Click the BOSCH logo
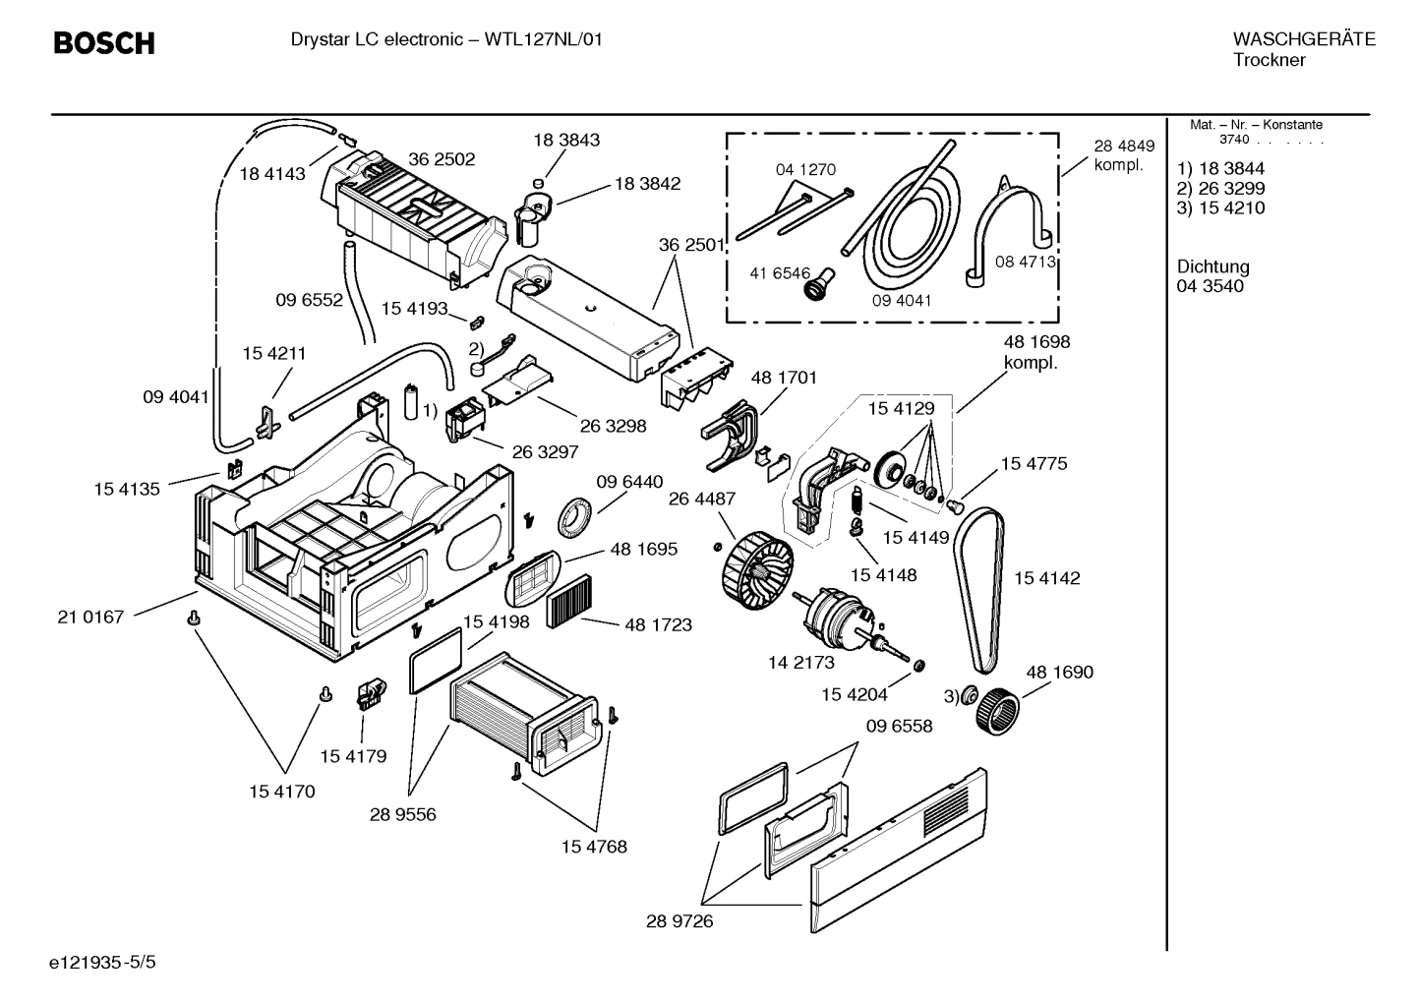[x=103, y=43]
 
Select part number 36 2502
[x=442, y=159]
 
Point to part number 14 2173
[x=800, y=663]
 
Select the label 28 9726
[x=679, y=921]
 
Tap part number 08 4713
[x=1025, y=262]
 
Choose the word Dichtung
[x=1212, y=266]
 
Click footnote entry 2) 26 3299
[x=1220, y=188]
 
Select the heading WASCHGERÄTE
[x=1303, y=39]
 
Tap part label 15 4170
[x=281, y=792]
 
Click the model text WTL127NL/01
[x=544, y=39]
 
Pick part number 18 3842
[x=647, y=183]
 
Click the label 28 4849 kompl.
[x=1123, y=155]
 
